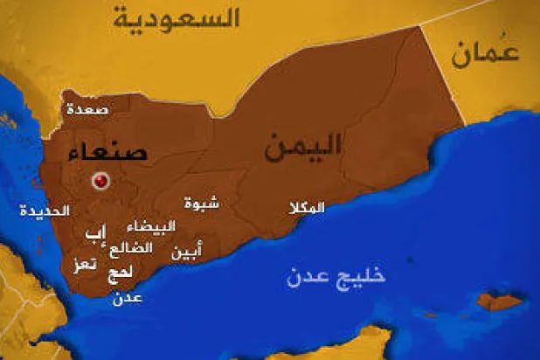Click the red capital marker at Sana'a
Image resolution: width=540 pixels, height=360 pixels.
101,181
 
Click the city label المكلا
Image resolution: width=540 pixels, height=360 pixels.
306,208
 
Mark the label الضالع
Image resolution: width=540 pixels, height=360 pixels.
131,248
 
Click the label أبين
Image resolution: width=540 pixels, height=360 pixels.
185,253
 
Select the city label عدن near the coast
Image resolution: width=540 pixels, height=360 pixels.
128,298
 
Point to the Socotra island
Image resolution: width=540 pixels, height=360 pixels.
501,301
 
